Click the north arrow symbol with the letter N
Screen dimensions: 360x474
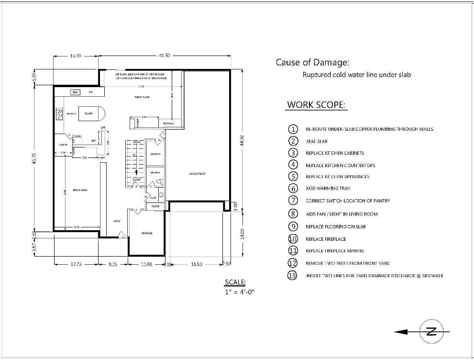coord(430,332)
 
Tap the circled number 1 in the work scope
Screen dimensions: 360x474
coord(293,129)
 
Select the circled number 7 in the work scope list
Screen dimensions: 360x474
coord(293,201)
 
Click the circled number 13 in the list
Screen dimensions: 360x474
coord(293,276)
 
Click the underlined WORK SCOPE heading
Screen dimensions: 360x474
coord(316,105)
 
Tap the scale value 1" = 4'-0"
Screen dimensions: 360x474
coord(240,292)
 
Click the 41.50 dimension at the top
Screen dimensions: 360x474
coord(164,56)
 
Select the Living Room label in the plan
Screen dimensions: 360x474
coord(80,190)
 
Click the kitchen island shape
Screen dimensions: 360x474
coord(91,113)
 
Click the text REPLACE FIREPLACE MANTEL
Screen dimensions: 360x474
coord(335,251)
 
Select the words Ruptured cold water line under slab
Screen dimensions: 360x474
coord(357,75)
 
